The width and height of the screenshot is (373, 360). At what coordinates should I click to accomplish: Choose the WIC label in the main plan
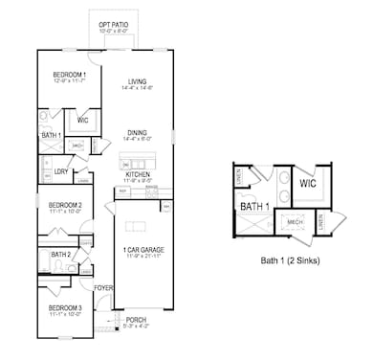82,120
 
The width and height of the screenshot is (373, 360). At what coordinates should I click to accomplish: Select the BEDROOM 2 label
65,205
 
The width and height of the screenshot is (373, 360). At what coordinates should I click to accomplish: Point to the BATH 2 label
61,255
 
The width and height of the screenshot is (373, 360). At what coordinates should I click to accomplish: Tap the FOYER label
103,287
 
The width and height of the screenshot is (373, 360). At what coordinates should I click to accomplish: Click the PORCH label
136,320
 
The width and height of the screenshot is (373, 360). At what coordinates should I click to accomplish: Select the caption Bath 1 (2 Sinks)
290,259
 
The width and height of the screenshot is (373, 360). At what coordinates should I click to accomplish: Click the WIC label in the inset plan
307,183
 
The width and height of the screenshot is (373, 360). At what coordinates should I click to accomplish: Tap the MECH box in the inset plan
296,221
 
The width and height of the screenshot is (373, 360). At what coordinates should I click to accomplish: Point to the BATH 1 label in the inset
254,206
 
